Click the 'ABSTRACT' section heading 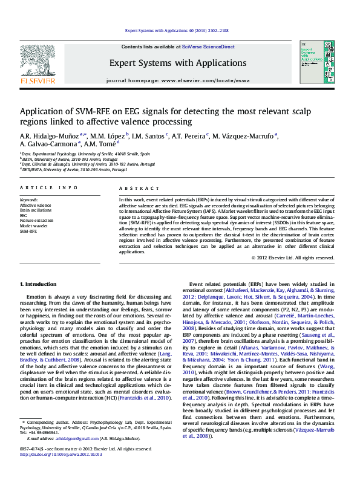coord(139,189)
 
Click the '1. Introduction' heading coord(39,284)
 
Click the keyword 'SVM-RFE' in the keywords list coord(28,231)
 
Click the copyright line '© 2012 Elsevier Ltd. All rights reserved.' coord(293,257)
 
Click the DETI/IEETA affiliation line coord(61,169)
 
